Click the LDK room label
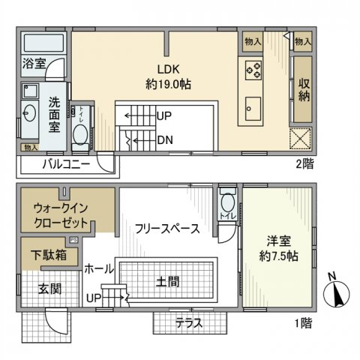click(x=169, y=67)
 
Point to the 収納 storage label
click(x=304, y=90)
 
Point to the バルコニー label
click(x=65, y=163)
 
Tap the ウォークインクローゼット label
click(x=61, y=215)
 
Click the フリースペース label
click(x=166, y=229)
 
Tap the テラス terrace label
click(x=190, y=324)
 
